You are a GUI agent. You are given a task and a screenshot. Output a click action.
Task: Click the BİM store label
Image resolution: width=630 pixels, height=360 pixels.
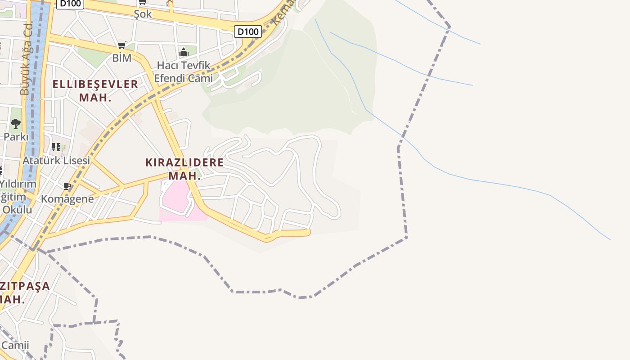pyautogui.click(x=121, y=58)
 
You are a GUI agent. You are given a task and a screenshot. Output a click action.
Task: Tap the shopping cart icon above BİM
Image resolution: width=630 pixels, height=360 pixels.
pyautogui.click(x=121, y=45)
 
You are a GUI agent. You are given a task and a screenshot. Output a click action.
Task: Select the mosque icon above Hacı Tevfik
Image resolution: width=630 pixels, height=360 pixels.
pyautogui.click(x=183, y=52)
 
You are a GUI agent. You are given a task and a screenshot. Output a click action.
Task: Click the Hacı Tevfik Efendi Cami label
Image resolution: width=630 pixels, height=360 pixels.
pyautogui.click(x=183, y=72)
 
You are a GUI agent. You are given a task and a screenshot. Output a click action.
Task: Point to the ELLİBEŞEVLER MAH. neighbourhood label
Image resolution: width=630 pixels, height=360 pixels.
pyautogui.click(x=95, y=90)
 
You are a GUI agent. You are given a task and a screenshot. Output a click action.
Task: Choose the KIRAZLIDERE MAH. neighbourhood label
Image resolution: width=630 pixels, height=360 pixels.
pyautogui.click(x=184, y=169)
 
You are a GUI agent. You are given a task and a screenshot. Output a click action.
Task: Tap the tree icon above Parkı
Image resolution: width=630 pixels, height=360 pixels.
pyautogui.click(x=16, y=123)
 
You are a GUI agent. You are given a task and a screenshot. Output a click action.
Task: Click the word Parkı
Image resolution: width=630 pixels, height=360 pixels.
pyautogui.click(x=16, y=136)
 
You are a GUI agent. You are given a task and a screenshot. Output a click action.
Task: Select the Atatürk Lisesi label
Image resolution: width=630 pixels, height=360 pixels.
pyautogui.click(x=56, y=160)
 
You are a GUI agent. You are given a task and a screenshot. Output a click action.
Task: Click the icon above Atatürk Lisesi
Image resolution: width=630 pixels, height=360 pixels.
pyautogui.click(x=56, y=147)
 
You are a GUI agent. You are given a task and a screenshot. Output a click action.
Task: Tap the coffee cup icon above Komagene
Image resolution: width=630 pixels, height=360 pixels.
pyautogui.click(x=67, y=186)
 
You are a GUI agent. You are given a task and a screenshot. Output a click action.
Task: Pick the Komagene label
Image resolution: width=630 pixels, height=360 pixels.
pyautogui.click(x=67, y=199)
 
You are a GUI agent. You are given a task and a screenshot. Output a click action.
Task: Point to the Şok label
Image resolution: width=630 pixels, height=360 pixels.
pyautogui.click(x=143, y=14)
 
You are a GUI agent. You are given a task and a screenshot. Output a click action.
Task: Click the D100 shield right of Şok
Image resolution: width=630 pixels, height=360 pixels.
pyautogui.click(x=248, y=31)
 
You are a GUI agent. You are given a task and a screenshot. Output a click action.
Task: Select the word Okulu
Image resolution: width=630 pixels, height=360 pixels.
pyautogui.click(x=17, y=210)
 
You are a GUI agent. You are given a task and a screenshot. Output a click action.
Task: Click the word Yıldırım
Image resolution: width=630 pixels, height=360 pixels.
pyautogui.click(x=18, y=184)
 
